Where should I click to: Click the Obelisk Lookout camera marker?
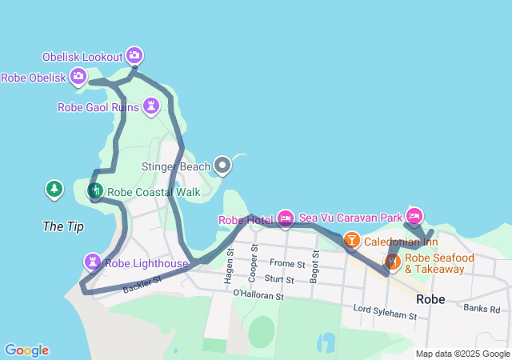[x=134, y=55]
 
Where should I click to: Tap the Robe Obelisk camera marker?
[x=78, y=77]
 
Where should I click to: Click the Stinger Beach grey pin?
[x=222, y=166]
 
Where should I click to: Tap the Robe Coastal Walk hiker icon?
[x=94, y=190]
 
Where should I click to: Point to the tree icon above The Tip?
[x=54, y=190]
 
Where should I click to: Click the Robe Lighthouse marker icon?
[x=93, y=262]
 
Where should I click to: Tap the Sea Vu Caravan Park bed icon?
[x=414, y=215]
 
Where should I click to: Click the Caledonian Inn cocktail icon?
[x=351, y=239]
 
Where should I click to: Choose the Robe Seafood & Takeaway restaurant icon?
[x=392, y=262]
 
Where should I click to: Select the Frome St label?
[x=288, y=263]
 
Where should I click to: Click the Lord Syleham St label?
[x=384, y=311]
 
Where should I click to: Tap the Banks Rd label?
[x=481, y=308]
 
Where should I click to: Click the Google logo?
[x=26, y=350]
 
